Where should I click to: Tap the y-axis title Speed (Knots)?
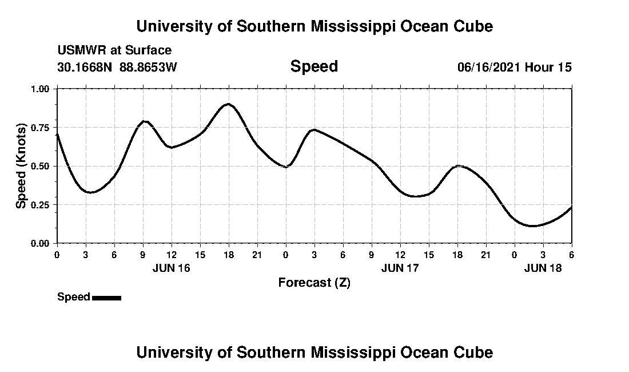click(21, 166)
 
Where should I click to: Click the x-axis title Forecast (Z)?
click(314, 283)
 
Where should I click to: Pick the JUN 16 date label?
click(172, 268)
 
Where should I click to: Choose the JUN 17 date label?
click(400, 268)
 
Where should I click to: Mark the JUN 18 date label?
click(543, 268)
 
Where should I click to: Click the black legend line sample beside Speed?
click(106, 298)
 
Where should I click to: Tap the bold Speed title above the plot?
click(314, 66)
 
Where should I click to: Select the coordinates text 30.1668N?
click(86, 68)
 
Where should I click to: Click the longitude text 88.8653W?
click(149, 68)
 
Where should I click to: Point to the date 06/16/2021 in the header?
click(488, 68)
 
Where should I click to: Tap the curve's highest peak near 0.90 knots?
click(228, 104)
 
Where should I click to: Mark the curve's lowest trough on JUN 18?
click(532, 226)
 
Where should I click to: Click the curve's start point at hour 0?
click(57, 134)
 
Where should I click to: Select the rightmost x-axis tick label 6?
click(571, 254)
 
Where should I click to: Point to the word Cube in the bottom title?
click(476, 353)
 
